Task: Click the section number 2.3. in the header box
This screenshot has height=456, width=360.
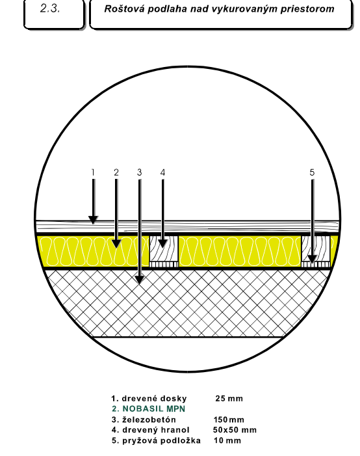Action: (x=50, y=8)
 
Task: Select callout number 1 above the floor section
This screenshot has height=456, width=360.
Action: (x=93, y=172)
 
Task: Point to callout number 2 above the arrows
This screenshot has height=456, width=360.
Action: (x=116, y=172)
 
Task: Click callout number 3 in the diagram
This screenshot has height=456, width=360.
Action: (x=140, y=172)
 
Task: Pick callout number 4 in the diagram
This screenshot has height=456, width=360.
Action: (x=162, y=172)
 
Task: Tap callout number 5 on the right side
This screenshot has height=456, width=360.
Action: (x=312, y=172)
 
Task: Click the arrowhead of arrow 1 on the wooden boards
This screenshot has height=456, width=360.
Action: (x=93, y=220)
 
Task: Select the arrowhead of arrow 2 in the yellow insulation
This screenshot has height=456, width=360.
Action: (x=116, y=244)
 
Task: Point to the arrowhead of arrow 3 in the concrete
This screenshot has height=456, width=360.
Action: (x=140, y=280)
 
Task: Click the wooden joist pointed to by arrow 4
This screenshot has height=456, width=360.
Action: (x=164, y=248)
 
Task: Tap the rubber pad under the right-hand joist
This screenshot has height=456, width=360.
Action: (x=315, y=264)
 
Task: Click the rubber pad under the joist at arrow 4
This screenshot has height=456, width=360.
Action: (x=164, y=264)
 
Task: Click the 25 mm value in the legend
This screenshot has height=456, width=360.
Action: (x=229, y=398)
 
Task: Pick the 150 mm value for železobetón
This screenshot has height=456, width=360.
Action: (x=229, y=420)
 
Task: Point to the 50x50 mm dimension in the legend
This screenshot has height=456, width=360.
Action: (x=235, y=430)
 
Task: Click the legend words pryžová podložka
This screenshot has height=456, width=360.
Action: (x=161, y=441)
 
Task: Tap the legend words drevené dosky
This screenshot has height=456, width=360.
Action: (x=154, y=398)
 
